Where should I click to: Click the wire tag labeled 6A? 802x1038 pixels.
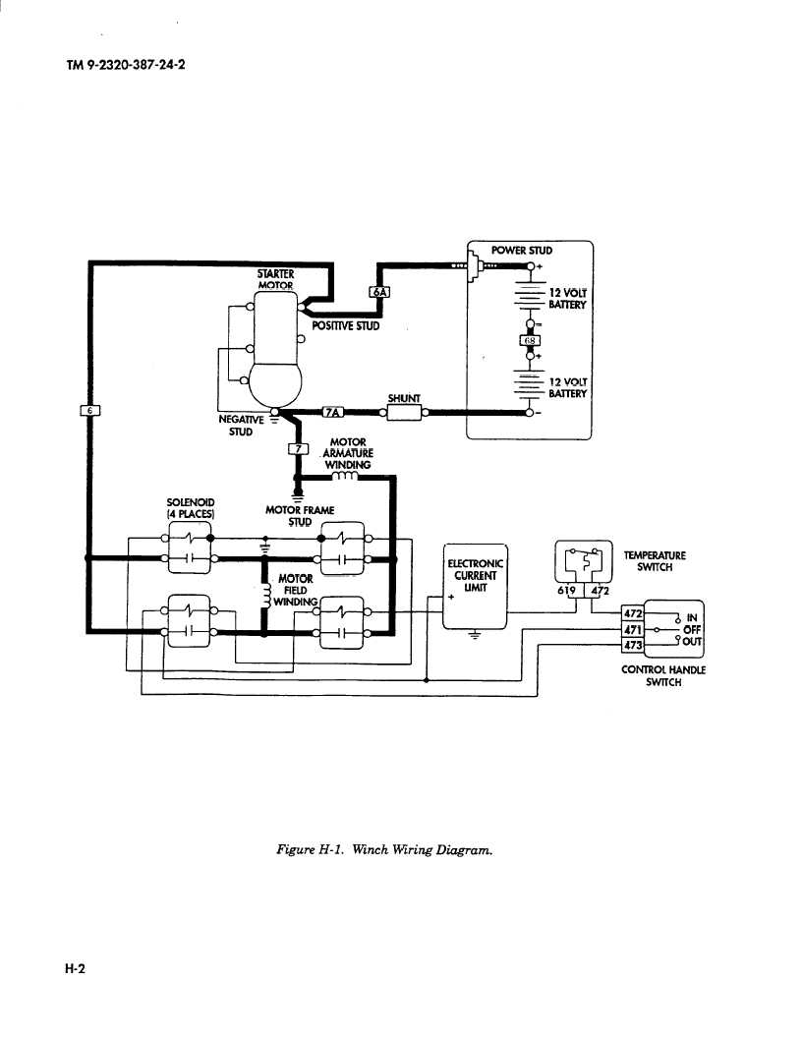379,291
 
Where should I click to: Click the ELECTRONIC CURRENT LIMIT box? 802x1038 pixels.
476,586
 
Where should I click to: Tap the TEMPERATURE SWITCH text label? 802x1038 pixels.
654,561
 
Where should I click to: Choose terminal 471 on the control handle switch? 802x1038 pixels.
632,629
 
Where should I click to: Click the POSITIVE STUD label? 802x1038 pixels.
345,325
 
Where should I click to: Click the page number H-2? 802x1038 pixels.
76,968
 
